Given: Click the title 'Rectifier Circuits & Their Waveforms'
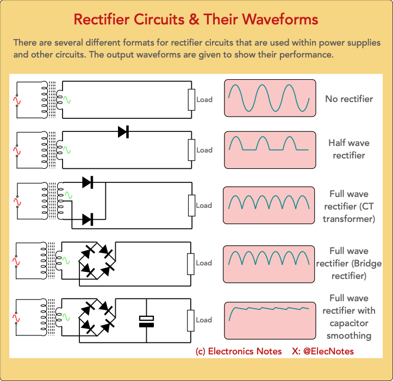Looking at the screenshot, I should (196, 20).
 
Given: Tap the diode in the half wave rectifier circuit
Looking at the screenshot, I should (123, 131).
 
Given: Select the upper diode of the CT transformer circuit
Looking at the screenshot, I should (88, 182).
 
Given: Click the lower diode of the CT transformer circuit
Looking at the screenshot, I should (88, 219).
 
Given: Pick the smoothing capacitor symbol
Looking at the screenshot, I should (147, 321).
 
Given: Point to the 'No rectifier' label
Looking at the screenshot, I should (349, 99).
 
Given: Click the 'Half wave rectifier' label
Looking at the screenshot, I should (348, 149).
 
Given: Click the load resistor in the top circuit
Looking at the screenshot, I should (191, 99).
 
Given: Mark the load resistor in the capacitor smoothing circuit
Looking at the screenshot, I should (191, 320).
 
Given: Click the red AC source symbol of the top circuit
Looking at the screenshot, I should (17, 100).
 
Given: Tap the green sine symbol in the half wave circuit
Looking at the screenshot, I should (67, 150).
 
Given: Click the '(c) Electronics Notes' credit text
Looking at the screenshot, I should (239, 351).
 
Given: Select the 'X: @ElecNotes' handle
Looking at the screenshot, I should (322, 351).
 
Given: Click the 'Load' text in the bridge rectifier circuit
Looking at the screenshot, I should (204, 263).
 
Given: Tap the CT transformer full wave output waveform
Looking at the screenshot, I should (269, 205).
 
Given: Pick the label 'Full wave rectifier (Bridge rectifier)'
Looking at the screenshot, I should (348, 263).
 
